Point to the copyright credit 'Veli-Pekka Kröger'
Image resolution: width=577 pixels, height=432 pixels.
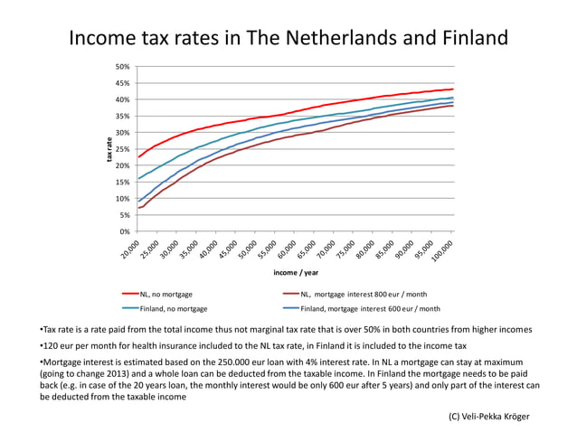tap(495, 416)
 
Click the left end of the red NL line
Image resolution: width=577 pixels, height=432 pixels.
tap(138, 157)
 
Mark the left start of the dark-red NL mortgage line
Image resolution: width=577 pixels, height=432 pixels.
tap(138, 209)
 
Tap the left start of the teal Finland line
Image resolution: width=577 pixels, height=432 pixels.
tap(138, 178)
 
